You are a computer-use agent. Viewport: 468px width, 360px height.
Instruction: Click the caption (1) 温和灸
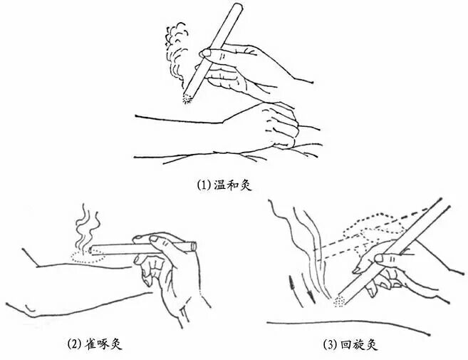point(224,185)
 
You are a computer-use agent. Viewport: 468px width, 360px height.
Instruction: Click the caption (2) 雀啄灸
point(95,344)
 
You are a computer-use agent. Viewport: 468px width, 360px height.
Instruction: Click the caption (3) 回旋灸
point(350,345)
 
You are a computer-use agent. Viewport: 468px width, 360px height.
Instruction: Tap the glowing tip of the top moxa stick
point(187,98)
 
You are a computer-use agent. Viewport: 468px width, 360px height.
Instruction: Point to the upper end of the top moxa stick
point(238,6)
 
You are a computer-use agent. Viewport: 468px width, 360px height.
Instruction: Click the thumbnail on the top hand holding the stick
point(205,53)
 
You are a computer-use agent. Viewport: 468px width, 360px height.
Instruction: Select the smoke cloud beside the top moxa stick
point(176,53)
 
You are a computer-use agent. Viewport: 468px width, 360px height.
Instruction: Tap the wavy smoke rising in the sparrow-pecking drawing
point(87,227)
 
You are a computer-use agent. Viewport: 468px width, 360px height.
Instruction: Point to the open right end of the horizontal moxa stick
point(194,245)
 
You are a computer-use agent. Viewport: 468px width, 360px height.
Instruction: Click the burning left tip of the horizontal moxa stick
point(91,250)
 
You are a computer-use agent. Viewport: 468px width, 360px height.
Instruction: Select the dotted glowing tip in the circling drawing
point(339,301)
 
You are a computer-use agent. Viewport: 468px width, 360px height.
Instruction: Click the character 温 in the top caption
point(220,185)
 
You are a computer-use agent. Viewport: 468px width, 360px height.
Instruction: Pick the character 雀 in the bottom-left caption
point(90,344)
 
